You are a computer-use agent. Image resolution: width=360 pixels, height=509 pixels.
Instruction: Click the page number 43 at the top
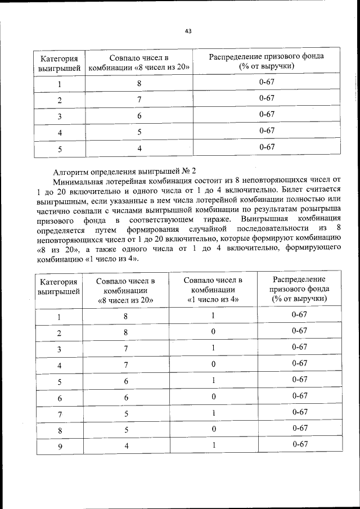click(188, 31)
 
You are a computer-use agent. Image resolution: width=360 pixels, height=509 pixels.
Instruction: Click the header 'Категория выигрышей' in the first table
click(58, 62)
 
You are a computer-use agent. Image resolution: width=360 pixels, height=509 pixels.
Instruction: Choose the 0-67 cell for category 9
click(299, 444)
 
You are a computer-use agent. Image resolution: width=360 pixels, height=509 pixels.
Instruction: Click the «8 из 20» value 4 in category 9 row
click(126, 446)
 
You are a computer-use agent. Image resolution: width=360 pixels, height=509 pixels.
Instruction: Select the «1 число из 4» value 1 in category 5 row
click(213, 381)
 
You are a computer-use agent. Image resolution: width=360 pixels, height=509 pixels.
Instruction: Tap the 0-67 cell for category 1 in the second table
click(299, 315)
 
